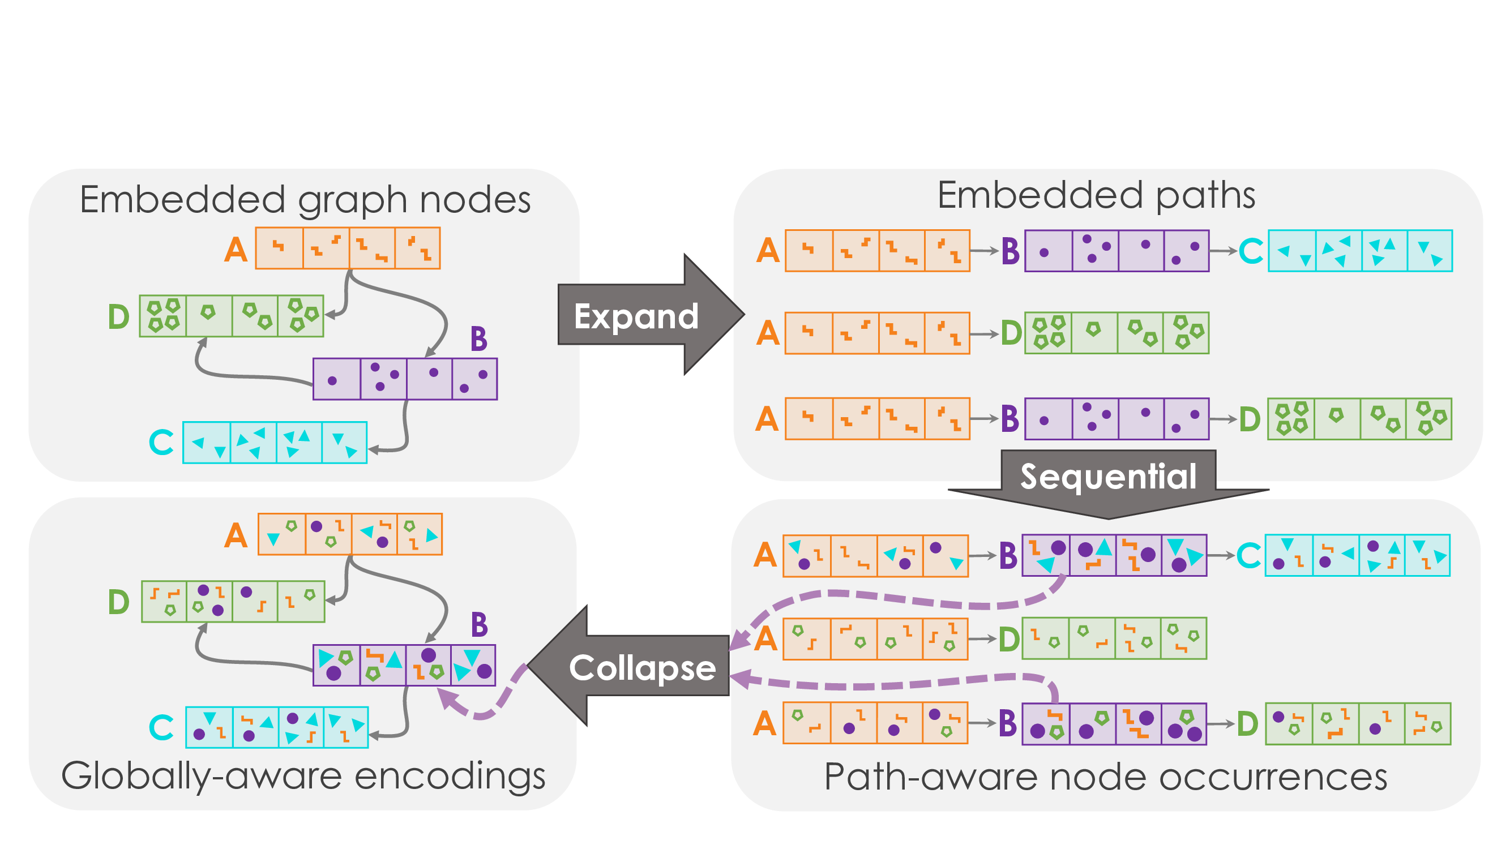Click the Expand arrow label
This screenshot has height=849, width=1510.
point(636,316)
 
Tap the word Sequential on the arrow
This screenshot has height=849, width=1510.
point(1108,477)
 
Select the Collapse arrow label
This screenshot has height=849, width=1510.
point(643,668)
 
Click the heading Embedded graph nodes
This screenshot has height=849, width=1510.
point(305,200)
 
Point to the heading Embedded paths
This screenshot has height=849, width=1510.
point(1096,195)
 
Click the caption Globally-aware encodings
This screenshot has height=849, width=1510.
point(303,777)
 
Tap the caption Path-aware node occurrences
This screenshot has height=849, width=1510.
point(1106,778)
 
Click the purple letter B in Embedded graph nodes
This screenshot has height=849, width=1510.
point(478,339)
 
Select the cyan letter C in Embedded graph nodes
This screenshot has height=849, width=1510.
point(161,443)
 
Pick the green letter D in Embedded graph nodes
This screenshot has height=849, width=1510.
point(118,317)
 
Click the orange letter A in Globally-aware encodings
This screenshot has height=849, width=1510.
point(236,535)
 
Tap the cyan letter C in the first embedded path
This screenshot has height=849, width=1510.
point(1251,251)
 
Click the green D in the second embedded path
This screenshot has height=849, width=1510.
point(1011,333)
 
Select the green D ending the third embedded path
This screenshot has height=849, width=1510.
point(1249,419)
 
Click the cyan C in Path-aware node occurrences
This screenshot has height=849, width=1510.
point(1248,555)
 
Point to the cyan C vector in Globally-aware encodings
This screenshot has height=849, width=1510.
point(277,727)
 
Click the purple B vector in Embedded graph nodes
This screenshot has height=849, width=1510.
point(405,379)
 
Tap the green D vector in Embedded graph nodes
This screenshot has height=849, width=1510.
point(232,316)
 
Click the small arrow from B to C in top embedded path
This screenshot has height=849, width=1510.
point(1223,251)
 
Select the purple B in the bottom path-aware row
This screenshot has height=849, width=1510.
point(1008,723)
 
